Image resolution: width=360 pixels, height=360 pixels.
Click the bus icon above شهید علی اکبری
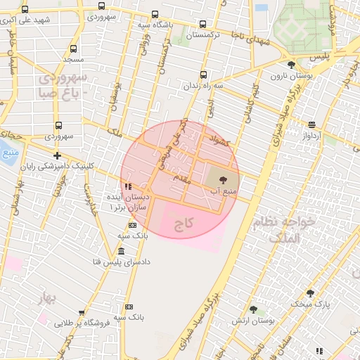25,10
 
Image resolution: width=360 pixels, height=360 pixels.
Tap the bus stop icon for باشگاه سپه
155,14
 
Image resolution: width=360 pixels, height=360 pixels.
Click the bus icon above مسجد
73,49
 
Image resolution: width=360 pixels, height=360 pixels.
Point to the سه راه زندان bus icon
204,75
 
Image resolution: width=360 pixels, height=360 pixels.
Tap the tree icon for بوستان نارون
291,65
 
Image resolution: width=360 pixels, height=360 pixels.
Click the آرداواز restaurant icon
312,124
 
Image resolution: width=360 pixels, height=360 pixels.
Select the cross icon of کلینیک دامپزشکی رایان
56,155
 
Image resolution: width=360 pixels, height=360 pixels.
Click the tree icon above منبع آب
224,180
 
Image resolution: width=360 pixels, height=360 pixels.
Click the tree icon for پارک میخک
310,293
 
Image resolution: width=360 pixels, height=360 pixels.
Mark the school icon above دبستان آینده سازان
127,186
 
